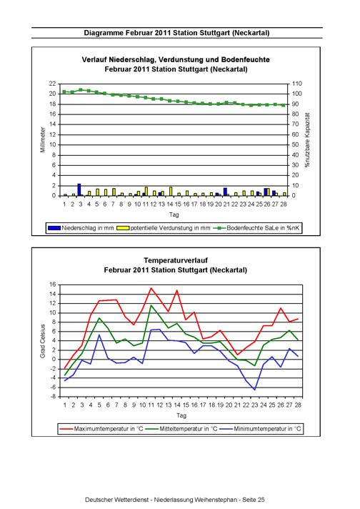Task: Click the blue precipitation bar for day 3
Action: coord(79,189)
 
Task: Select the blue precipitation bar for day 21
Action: coord(225,192)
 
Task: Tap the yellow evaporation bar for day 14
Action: coord(171,191)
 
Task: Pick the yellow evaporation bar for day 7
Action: coord(114,192)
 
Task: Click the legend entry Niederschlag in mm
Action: coord(81,228)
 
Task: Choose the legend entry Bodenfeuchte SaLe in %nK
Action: coord(256,228)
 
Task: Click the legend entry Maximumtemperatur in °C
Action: coord(101,429)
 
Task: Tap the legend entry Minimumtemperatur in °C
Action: coord(261,429)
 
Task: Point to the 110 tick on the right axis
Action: coord(296,84)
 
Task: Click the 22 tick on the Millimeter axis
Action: coord(53,84)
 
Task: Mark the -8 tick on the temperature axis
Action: coord(53,397)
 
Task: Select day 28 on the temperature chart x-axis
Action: coord(298,405)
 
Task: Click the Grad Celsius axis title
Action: coord(43,341)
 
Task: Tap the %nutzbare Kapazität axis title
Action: coord(307,140)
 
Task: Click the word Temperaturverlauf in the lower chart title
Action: coord(176,260)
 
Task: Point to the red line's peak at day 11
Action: coord(151,287)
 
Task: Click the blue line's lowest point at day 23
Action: coord(255,390)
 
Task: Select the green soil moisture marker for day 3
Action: coord(81,89)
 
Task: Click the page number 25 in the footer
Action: coord(261,500)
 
